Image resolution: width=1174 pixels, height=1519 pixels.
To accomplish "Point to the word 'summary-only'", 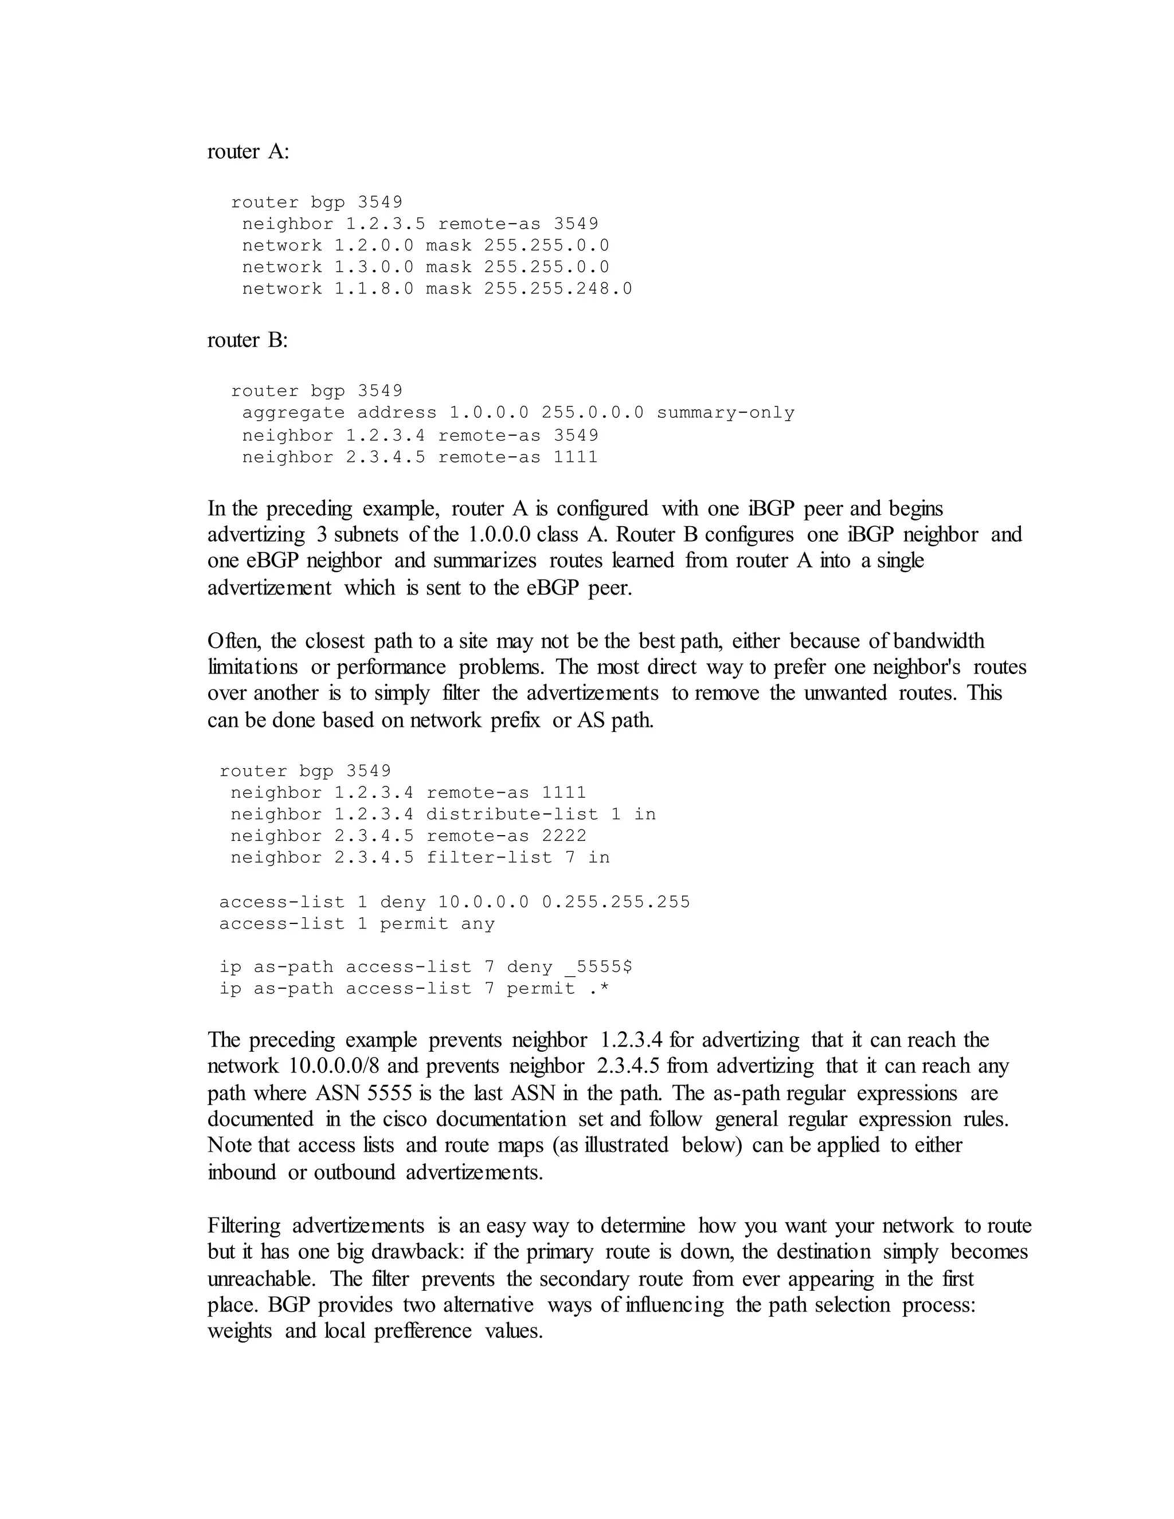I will [x=725, y=413].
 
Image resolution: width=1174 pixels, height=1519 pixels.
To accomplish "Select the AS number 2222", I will [x=564, y=835].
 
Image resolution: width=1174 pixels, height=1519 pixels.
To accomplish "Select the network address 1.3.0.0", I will [x=374, y=267].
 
